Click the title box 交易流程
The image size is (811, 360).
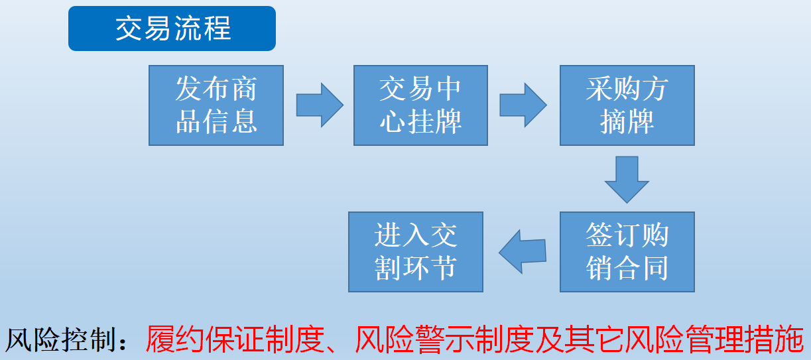[172, 29]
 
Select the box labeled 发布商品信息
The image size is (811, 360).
[216, 105]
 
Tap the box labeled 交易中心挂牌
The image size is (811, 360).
[420, 105]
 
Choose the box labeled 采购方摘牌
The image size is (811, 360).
[627, 105]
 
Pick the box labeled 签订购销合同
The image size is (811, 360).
[627, 252]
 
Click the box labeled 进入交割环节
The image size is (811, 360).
[416, 252]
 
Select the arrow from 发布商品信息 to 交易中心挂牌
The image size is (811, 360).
[320, 105]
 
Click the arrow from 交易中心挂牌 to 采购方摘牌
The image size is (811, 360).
[523, 105]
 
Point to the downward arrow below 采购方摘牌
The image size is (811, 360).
[627, 180]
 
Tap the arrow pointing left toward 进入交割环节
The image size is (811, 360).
[523, 252]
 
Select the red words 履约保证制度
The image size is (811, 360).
[235, 339]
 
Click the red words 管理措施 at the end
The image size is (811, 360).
[745, 339]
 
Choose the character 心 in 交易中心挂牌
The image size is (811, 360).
[393, 121]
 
